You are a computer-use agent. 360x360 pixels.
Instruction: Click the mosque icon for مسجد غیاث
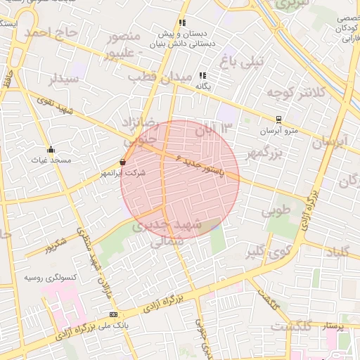click(51, 149)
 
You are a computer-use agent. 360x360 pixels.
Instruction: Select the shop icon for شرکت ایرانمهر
click(123, 162)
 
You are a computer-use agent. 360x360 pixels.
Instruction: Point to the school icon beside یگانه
click(202, 75)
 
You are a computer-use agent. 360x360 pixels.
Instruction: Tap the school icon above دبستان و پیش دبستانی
click(183, 22)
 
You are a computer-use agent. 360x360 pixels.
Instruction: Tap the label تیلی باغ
click(242, 61)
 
